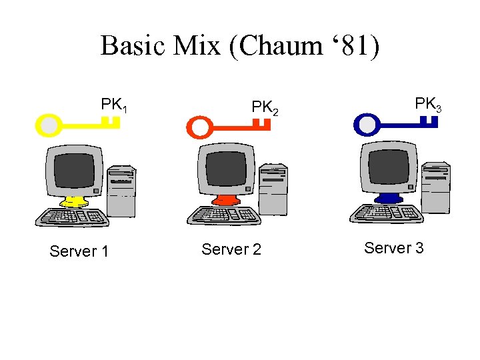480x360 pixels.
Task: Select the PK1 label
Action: point(114,105)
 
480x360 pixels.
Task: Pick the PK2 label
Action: point(264,107)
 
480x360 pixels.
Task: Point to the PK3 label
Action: point(427,104)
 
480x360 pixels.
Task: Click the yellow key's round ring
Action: point(49,125)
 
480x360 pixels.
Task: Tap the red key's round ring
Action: point(199,125)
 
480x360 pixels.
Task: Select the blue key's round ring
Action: point(366,123)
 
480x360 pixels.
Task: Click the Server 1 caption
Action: point(79,251)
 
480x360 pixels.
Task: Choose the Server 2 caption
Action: point(231,249)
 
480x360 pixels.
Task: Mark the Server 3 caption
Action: point(393,248)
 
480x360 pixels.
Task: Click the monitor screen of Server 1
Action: point(74,171)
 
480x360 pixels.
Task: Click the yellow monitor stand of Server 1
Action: point(73,201)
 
